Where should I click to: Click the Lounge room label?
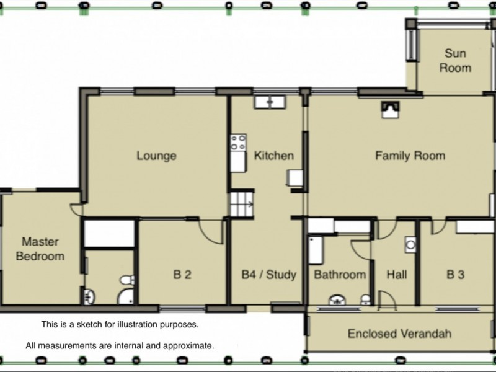(x=156, y=156)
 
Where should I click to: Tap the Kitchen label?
(x=274, y=156)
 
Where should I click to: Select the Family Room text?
(x=410, y=156)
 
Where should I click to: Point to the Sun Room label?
(x=455, y=60)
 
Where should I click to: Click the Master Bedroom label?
(x=40, y=249)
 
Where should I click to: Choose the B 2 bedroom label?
(x=182, y=274)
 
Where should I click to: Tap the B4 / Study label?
(x=269, y=275)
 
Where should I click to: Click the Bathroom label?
(x=340, y=275)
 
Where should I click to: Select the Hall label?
(x=397, y=275)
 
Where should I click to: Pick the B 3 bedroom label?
(x=456, y=274)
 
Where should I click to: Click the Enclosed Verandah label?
(x=399, y=334)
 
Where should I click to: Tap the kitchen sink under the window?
(x=270, y=102)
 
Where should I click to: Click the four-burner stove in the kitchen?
(x=239, y=143)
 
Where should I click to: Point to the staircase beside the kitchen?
(x=242, y=205)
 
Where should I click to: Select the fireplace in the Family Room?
(x=391, y=110)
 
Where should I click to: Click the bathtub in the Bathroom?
(x=316, y=250)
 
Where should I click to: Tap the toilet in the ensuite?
(x=127, y=280)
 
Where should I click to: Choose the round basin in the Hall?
(x=410, y=244)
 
